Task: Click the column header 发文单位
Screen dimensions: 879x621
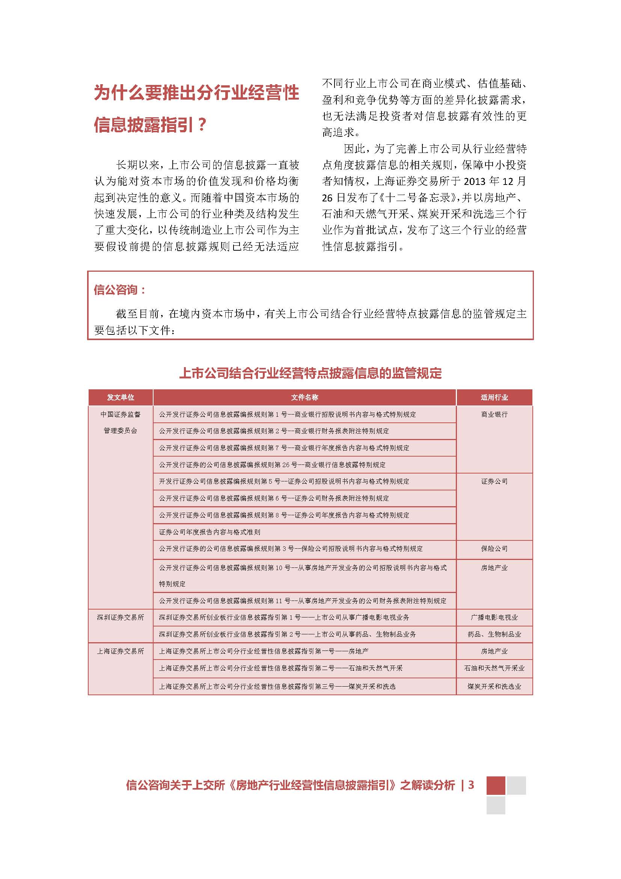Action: tap(121, 397)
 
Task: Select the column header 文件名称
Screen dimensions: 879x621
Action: tap(304, 397)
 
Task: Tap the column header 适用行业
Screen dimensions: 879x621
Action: tap(494, 397)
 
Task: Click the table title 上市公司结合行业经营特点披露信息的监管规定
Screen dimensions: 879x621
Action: tap(310, 373)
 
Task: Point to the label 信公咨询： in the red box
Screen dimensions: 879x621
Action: tap(120, 290)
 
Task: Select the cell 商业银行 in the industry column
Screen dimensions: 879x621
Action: tap(494, 414)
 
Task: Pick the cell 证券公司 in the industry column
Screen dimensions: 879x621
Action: tap(494, 481)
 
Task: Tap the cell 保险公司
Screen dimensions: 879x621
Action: tap(494, 549)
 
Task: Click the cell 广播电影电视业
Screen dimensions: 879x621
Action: tap(494, 617)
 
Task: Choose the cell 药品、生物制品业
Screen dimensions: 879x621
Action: tap(494, 634)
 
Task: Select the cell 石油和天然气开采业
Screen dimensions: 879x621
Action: tap(494, 668)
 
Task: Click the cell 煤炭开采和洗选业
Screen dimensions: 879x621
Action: tap(494, 687)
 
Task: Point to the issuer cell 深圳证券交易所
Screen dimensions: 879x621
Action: tap(121, 617)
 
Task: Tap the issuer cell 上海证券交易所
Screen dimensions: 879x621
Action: tap(121, 651)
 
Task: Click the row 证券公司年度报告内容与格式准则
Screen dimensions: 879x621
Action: tap(210, 532)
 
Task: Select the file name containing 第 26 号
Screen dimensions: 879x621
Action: tap(272, 465)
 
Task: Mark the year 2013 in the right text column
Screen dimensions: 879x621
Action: tap(475, 181)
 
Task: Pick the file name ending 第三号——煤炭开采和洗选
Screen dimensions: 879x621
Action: tap(277, 687)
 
